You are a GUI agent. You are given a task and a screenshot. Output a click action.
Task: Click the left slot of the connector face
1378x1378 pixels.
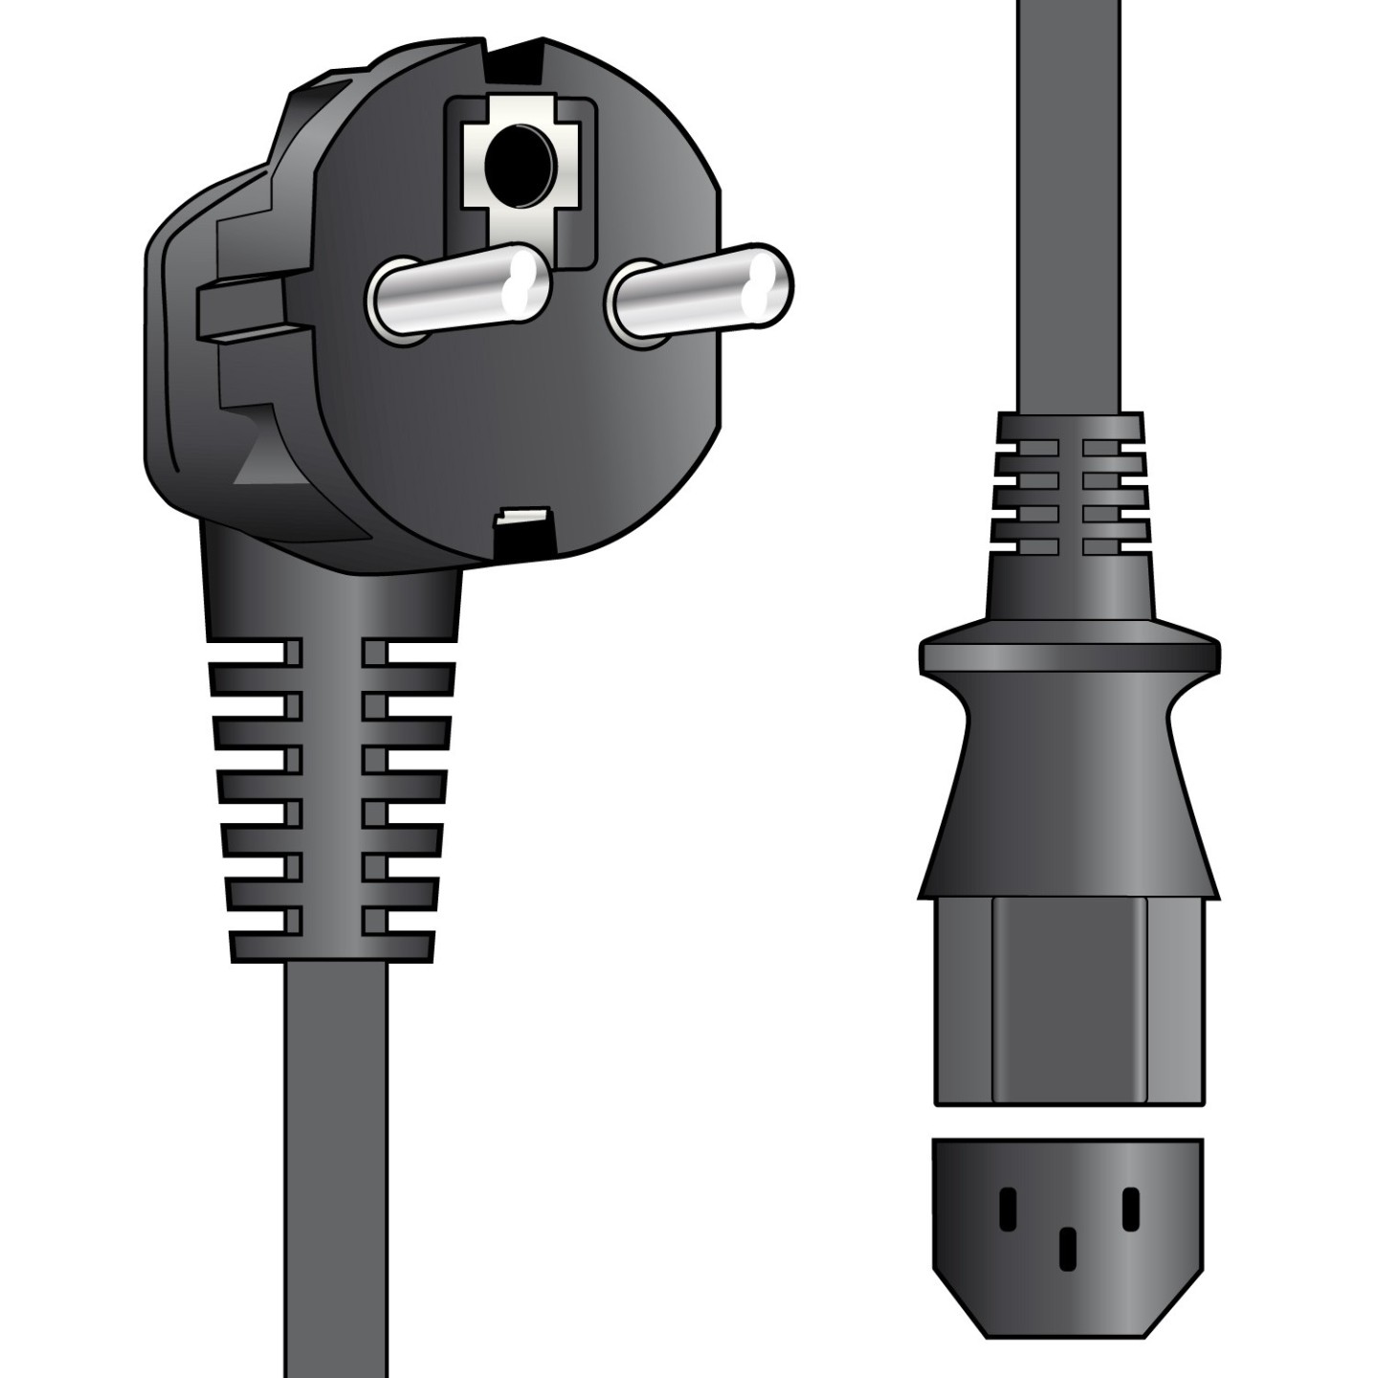click(x=1007, y=1208)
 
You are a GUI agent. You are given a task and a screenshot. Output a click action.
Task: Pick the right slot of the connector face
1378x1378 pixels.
click(x=1130, y=1208)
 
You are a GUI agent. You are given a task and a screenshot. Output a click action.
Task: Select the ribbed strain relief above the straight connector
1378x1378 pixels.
click(x=1070, y=488)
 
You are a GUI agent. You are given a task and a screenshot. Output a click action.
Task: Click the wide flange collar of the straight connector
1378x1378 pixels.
click(x=1069, y=656)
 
